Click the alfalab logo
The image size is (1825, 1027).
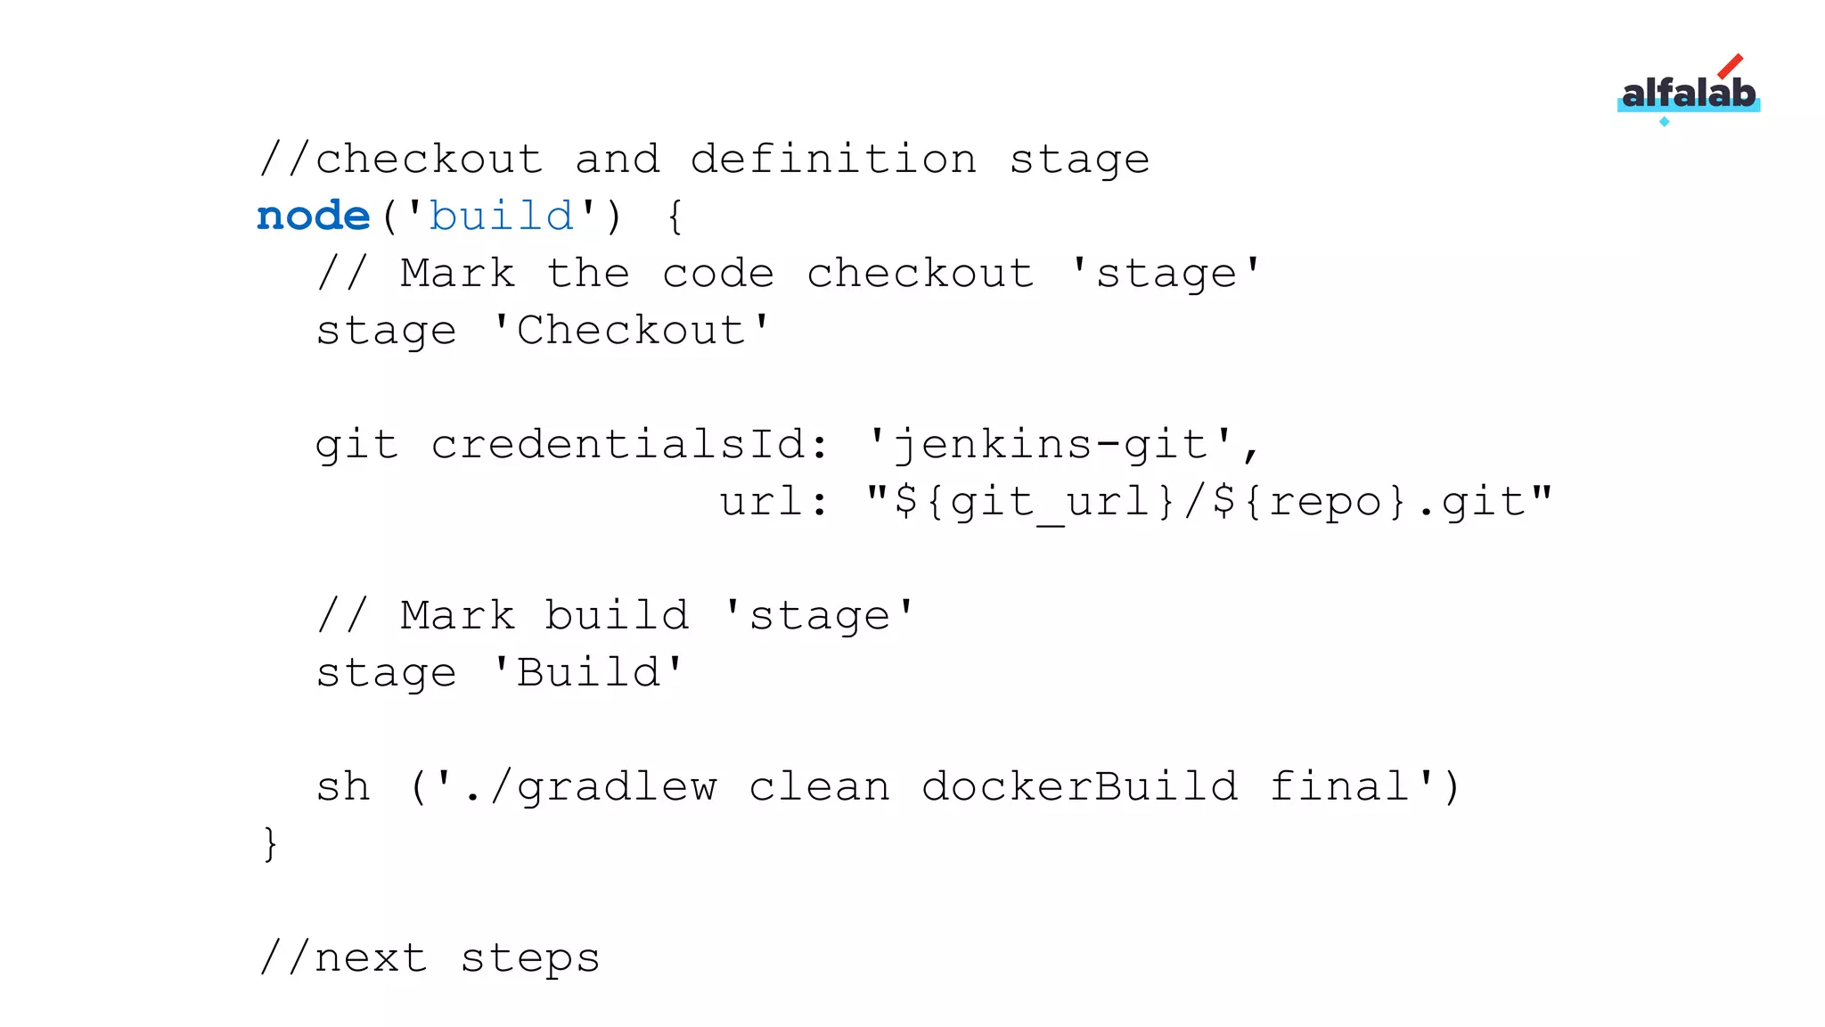pos(1688,93)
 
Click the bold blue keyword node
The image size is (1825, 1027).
pos(313,217)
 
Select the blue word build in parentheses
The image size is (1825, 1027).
pos(502,217)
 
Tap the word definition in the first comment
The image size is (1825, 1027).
pos(833,160)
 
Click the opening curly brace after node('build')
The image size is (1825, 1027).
pos(675,217)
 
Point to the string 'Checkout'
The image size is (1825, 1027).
pos(631,331)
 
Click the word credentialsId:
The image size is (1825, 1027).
pos(630,444)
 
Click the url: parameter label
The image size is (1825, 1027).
pos(773,501)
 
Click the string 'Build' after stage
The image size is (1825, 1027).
pos(588,672)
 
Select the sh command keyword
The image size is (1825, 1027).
pos(343,786)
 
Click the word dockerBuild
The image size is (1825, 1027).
pos(1079,786)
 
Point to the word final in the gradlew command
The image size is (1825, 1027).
pos(1338,786)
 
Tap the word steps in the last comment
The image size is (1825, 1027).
pos(530,957)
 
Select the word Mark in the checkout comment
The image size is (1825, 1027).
pos(457,274)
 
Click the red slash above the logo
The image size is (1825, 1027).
pos(1730,66)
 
